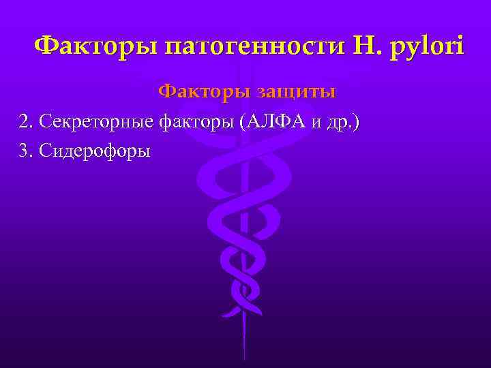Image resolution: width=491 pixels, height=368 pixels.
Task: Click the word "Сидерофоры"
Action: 94,151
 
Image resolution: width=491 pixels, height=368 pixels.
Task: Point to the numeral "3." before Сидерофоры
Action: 26,151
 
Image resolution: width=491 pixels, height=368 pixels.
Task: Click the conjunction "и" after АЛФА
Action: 314,123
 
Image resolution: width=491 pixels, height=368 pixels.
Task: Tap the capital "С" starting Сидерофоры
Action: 46,151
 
